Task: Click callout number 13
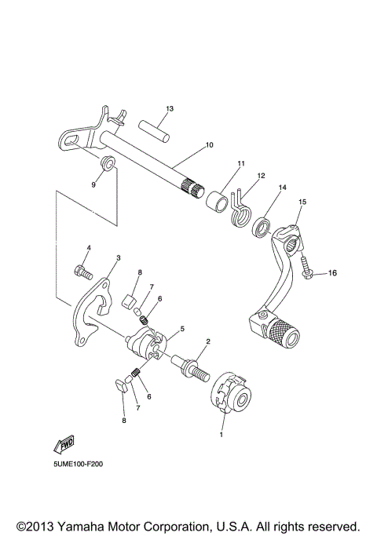click(169, 108)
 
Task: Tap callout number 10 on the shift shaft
click(209, 145)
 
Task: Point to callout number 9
click(93, 184)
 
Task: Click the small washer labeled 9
click(108, 165)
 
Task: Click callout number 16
click(331, 273)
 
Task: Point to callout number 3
click(118, 257)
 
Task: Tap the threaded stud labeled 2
click(191, 366)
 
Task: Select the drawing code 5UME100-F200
click(79, 464)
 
